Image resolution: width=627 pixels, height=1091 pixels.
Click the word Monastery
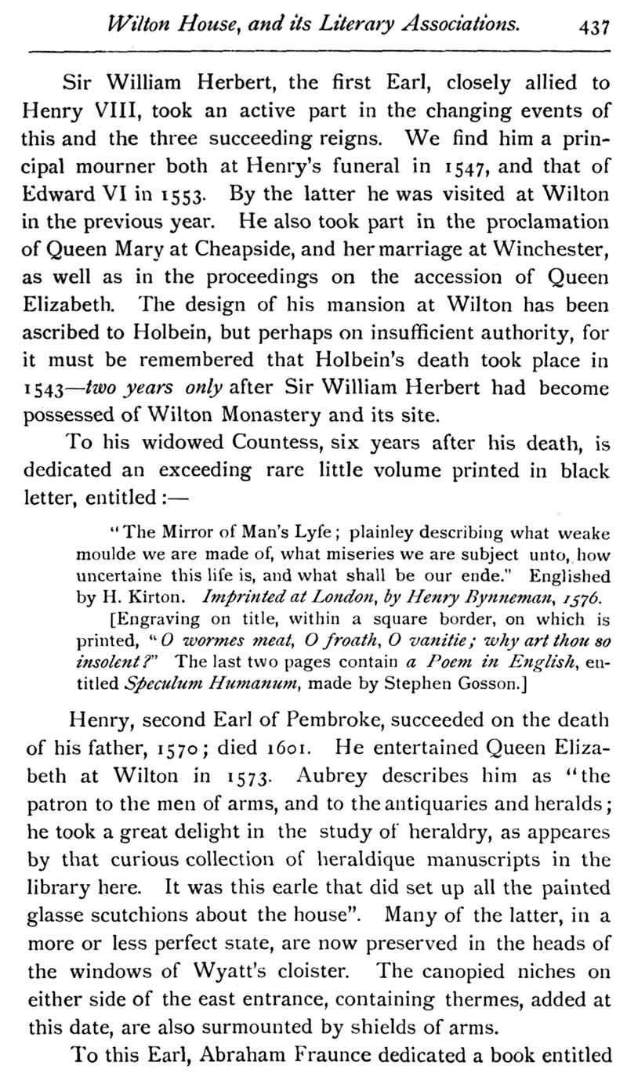coord(254,415)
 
